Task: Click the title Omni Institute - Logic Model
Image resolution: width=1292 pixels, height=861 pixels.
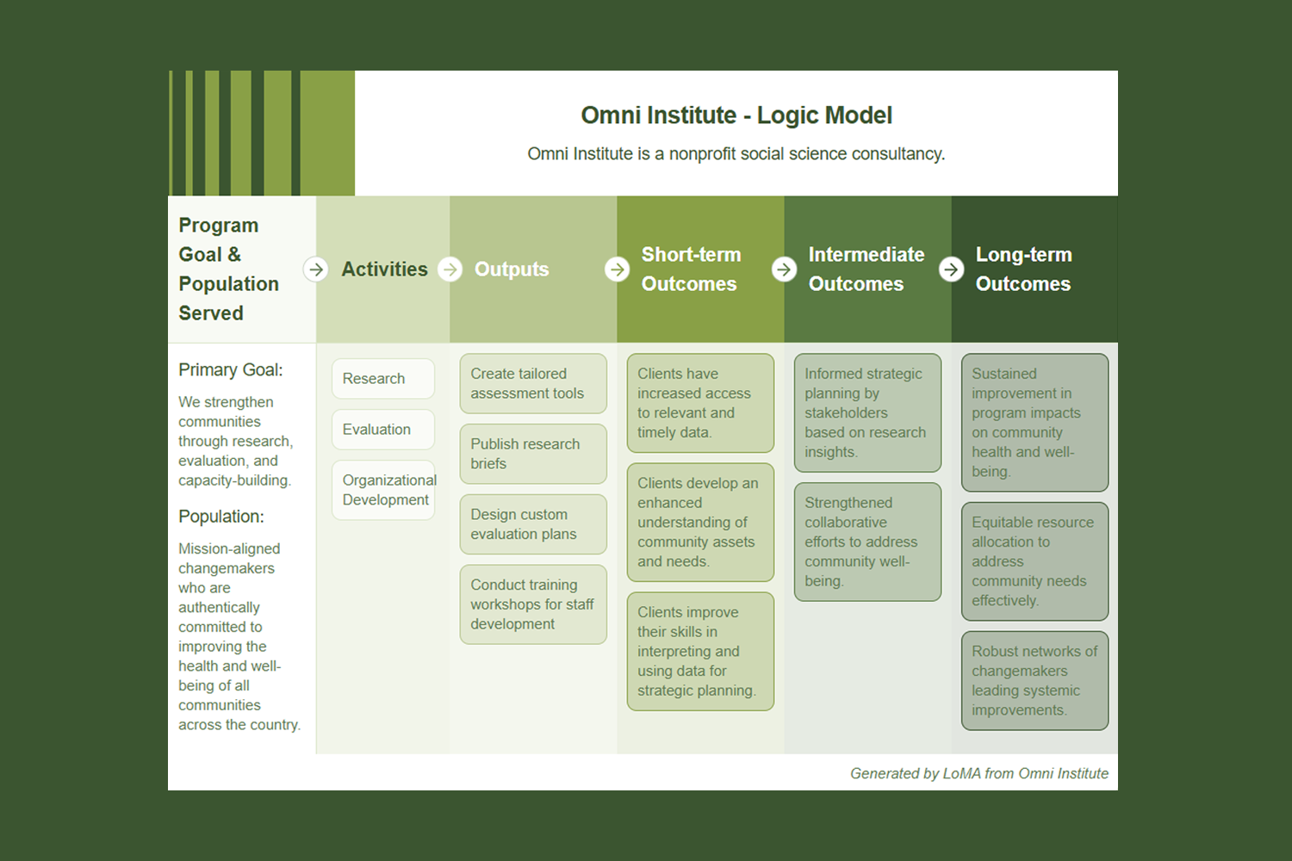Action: point(736,115)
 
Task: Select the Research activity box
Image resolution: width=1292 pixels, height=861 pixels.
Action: point(382,379)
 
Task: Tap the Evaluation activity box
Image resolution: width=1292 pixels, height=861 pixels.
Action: point(382,430)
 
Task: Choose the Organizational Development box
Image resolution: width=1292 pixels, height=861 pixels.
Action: point(382,490)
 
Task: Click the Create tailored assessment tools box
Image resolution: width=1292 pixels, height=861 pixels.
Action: point(532,384)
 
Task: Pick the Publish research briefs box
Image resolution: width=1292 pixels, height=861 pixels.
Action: point(532,454)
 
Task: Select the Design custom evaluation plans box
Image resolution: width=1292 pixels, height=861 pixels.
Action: point(532,524)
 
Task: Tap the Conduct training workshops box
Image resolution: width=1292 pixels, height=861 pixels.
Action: point(532,604)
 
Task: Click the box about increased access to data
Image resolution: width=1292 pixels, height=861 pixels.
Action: point(699,403)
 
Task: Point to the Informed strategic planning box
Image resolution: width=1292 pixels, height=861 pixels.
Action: point(867,413)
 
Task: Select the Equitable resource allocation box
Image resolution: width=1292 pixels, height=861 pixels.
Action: point(1034,561)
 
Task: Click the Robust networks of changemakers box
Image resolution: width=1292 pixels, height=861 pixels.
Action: point(1034,681)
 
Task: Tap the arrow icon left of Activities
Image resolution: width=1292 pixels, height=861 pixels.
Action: point(316,269)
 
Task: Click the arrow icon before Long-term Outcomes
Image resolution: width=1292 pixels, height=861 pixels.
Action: point(951,269)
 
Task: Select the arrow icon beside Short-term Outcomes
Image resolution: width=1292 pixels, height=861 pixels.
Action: point(617,269)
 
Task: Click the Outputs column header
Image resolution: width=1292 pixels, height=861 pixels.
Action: point(512,269)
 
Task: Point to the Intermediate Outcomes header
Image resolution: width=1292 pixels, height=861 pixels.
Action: point(866,269)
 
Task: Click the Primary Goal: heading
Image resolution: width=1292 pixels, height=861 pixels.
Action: point(230,370)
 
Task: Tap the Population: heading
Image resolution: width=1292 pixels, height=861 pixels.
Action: point(221,517)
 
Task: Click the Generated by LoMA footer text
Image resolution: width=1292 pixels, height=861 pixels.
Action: point(978,773)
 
